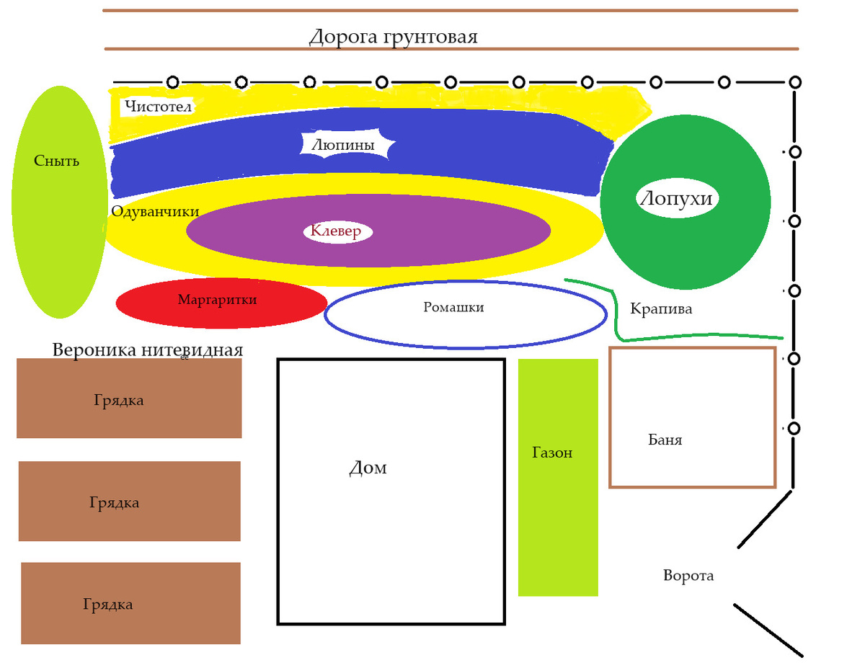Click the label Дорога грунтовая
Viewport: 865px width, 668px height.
[393, 36]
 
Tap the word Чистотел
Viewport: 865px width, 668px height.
[158, 107]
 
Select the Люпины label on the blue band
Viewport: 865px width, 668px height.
[343, 145]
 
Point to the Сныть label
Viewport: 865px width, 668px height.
[56, 161]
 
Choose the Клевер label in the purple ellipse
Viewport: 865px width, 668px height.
[337, 231]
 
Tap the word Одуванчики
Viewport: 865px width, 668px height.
[155, 211]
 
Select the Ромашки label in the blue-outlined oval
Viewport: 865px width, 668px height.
[453, 307]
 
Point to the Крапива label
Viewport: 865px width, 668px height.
[661, 309]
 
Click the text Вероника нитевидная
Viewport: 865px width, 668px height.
[148, 350]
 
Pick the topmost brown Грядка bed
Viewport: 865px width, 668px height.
[129, 398]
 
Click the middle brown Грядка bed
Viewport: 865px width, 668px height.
[129, 502]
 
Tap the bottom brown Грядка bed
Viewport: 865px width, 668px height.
[130, 603]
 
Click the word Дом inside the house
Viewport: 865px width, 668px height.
[368, 468]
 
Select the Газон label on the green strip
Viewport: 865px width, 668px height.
[552, 453]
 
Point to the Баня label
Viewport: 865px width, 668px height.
[665, 440]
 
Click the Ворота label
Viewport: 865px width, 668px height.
[688, 576]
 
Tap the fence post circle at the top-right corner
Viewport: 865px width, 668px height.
[794, 82]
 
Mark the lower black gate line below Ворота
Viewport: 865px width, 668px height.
[768, 631]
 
